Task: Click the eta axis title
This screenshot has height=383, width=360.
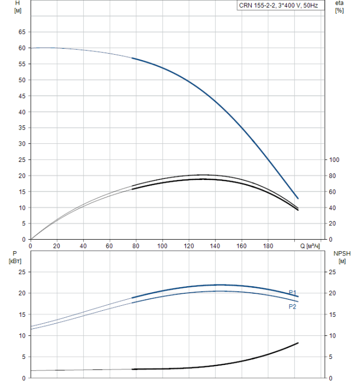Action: coord(339,7)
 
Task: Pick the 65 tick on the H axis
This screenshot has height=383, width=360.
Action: coord(22,32)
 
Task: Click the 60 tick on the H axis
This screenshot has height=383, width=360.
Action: coord(22,48)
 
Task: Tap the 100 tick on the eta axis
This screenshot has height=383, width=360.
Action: coord(335,160)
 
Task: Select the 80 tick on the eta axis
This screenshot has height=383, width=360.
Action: coord(333,176)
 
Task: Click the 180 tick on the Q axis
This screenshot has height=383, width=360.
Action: coord(268,246)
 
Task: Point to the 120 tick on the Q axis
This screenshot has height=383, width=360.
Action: coord(188,246)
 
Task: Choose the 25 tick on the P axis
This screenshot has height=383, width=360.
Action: coord(22,272)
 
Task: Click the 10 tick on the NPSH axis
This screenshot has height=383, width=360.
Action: coord(333,335)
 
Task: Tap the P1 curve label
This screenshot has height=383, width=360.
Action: coord(293,292)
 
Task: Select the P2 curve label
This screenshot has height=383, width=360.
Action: coord(293,307)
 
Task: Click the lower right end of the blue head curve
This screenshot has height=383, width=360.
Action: coord(298,198)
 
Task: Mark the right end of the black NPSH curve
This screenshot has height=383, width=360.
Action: coord(298,343)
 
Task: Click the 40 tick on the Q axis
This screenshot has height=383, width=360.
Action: coord(83,246)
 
